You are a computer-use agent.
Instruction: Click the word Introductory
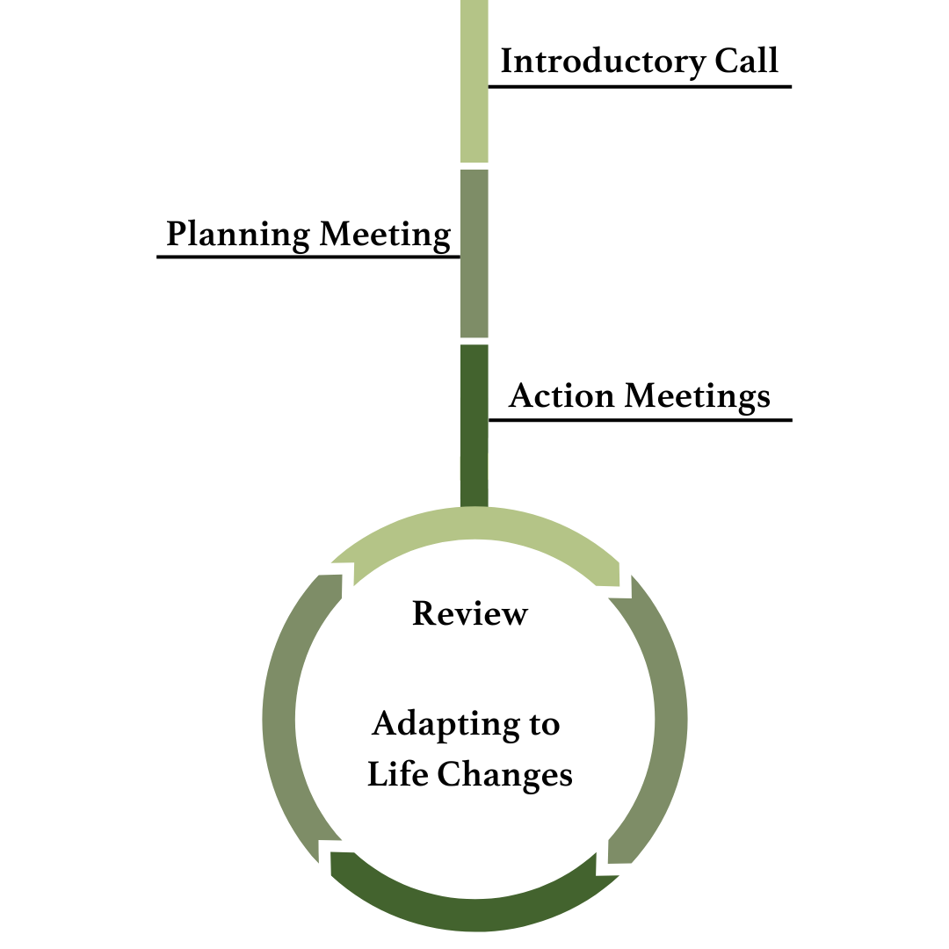click(x=603, y=62)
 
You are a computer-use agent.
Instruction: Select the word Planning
click(x=238, y=235)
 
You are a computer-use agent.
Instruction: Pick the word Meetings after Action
click(x=698, y=396)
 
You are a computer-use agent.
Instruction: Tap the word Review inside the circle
click(x=470, y=613)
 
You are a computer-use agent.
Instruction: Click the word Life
click(x=396, y=775)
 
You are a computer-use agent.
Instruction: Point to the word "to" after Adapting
click(x=544, y=725)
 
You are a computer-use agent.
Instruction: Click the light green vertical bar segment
click(x=474, y=81)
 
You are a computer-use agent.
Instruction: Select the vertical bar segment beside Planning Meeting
click(x=474, y=253)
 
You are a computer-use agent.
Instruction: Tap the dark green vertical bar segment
click(x=474, y=425)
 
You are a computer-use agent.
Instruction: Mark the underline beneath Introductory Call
click(x=640, y=87)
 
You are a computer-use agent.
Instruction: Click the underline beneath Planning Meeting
click(x=308, y=257)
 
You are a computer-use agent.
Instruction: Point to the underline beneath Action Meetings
click(x=641, y=420)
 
